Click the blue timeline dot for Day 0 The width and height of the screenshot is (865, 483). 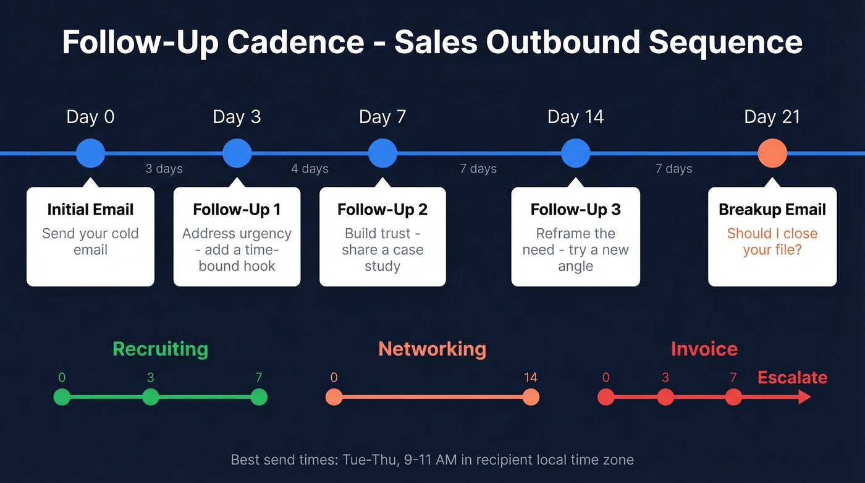(90, 153)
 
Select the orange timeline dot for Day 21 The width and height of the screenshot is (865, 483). (772, 153)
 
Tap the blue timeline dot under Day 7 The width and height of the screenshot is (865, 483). (382, 153)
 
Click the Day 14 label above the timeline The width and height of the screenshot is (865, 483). (575, 117)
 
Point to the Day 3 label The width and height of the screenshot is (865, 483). (237, 117)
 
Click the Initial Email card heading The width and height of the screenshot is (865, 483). (90, 210)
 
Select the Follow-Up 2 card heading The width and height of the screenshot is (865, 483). (382, 210)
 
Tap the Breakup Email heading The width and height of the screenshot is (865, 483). (772, 210)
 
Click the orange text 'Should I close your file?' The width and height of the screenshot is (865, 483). (772, 242)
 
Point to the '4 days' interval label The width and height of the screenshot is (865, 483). (310, 169)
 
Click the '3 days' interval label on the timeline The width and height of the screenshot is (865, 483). (164, 169)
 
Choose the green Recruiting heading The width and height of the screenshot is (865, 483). (160, 349)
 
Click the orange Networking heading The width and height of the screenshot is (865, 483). (432, 349)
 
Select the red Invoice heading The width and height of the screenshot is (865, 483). (704, 349)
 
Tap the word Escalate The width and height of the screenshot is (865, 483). (792, 377)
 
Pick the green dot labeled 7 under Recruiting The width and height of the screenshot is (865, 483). (259, 397)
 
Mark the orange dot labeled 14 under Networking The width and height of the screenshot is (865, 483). (531, 397)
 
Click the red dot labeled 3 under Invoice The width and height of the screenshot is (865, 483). (665, 397)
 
